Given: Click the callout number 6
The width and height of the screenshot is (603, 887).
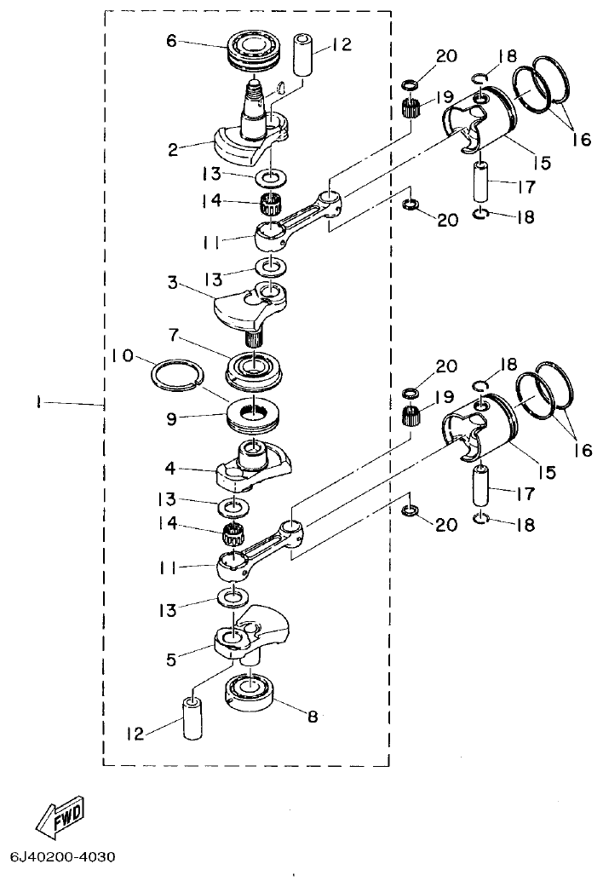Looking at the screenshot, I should (171, 40).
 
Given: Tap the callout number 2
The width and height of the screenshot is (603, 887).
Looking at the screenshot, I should (173, 150).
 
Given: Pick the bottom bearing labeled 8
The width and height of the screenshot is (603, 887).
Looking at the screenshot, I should (254, 689).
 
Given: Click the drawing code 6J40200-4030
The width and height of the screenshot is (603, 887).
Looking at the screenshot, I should (63, 855).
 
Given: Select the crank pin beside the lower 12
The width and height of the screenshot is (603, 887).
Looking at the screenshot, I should (192, 719).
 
